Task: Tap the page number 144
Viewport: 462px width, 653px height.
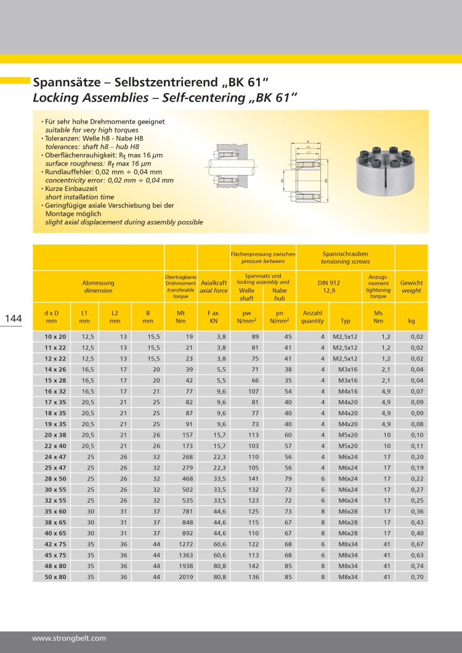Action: click(x=14, y=318)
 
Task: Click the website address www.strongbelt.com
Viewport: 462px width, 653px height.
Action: click(x=69, y=638)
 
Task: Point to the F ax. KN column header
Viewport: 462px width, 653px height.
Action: click(x=214, y=317)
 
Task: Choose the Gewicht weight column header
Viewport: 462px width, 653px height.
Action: click(x=411, y=286)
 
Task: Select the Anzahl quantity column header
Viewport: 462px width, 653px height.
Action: click(x=312, y=317)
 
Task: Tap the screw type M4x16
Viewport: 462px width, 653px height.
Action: click(x=346, y=391)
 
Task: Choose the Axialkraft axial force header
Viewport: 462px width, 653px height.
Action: click(x=214, y=286)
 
